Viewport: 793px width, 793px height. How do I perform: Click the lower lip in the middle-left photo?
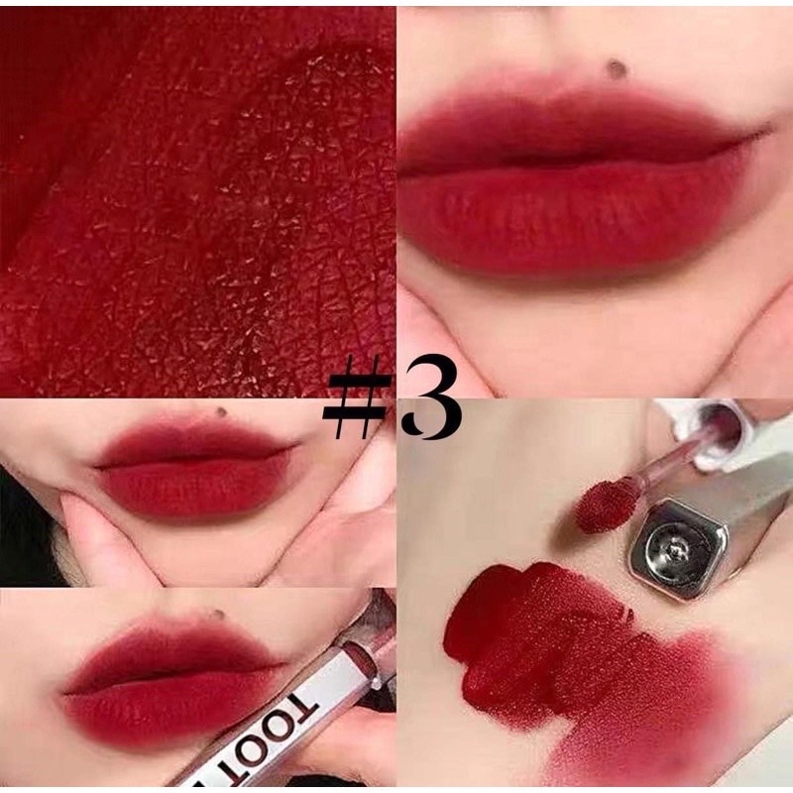(188, 486)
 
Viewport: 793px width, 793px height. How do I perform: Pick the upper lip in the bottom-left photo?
(169, 649)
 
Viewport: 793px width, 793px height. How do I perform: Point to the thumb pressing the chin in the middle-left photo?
(94, 535)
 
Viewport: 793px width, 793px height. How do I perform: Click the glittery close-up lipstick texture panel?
(198, 198)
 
